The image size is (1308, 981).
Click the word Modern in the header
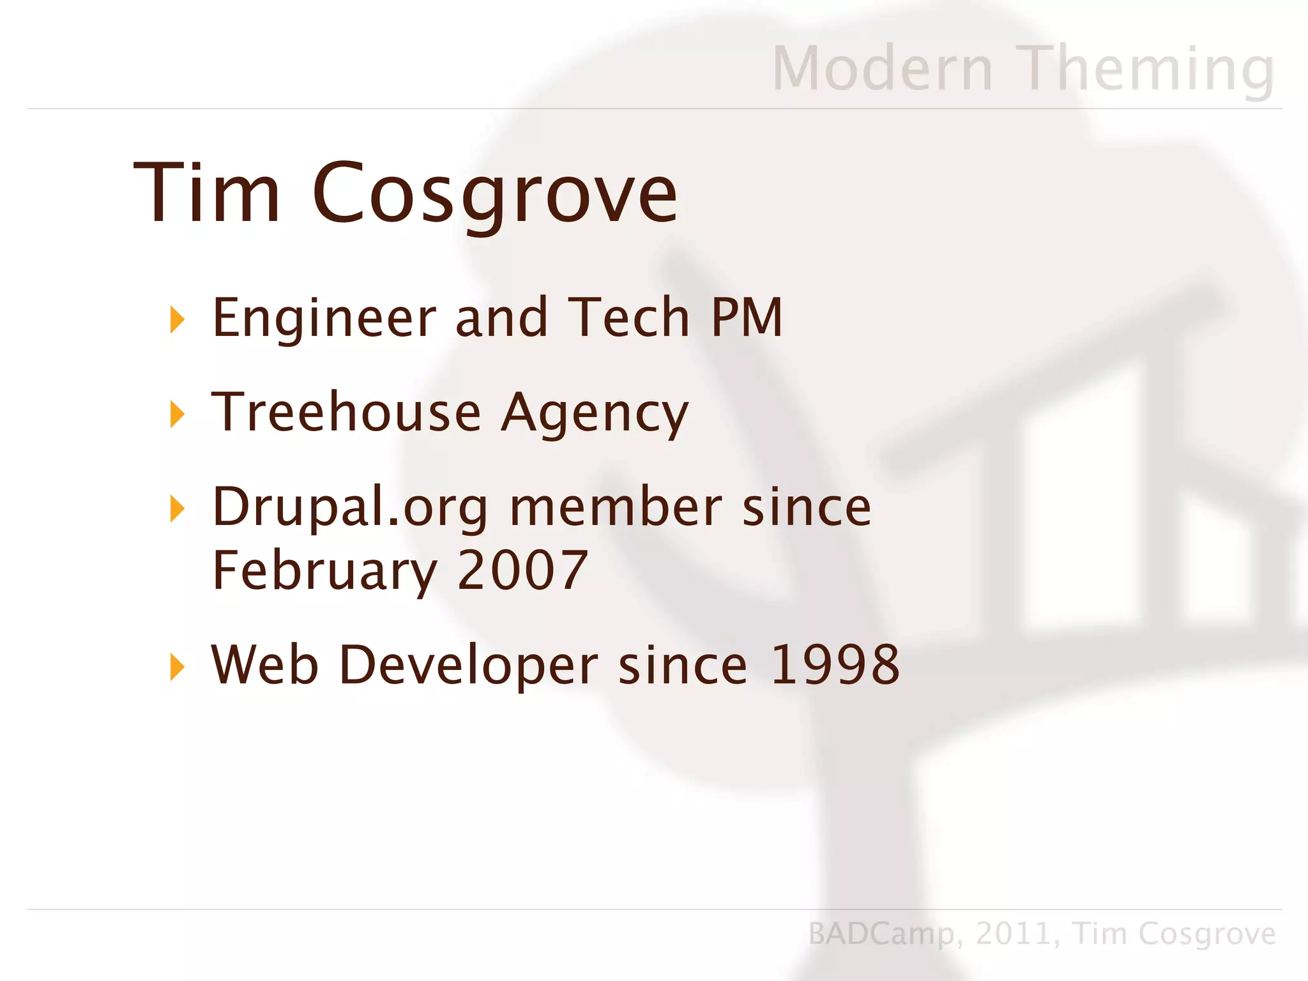pyautogui.click(x=883, y=68)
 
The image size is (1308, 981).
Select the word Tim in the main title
pyautogui.click(x=206, y=192)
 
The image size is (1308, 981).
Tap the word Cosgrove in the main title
pyautogui.click(x=494, y=194)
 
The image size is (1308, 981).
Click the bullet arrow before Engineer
pyautogui.click(x=177, y=319)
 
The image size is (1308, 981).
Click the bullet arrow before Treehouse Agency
pyautogui.click(x=177, y=414)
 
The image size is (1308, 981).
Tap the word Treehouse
pyautogui.click(x=346, y=412)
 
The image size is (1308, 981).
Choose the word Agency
pyautogui.click(x=595, y=414)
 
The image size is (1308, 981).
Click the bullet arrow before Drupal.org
pyautogui.click(x=177, y=508)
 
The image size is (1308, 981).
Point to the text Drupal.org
pyautogui.click(x=349, y=508)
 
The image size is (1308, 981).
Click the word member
pyautogui.click(x=616, y=506)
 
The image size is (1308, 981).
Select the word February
pyautogui.click(x=324, y=570)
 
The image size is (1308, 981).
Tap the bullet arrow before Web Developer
pyautogui.click(x=177, y=667)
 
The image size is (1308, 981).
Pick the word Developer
pyautogui.click(x=468, y=665)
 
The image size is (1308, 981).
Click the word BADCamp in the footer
pyautogui.click(x=881, y=934)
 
